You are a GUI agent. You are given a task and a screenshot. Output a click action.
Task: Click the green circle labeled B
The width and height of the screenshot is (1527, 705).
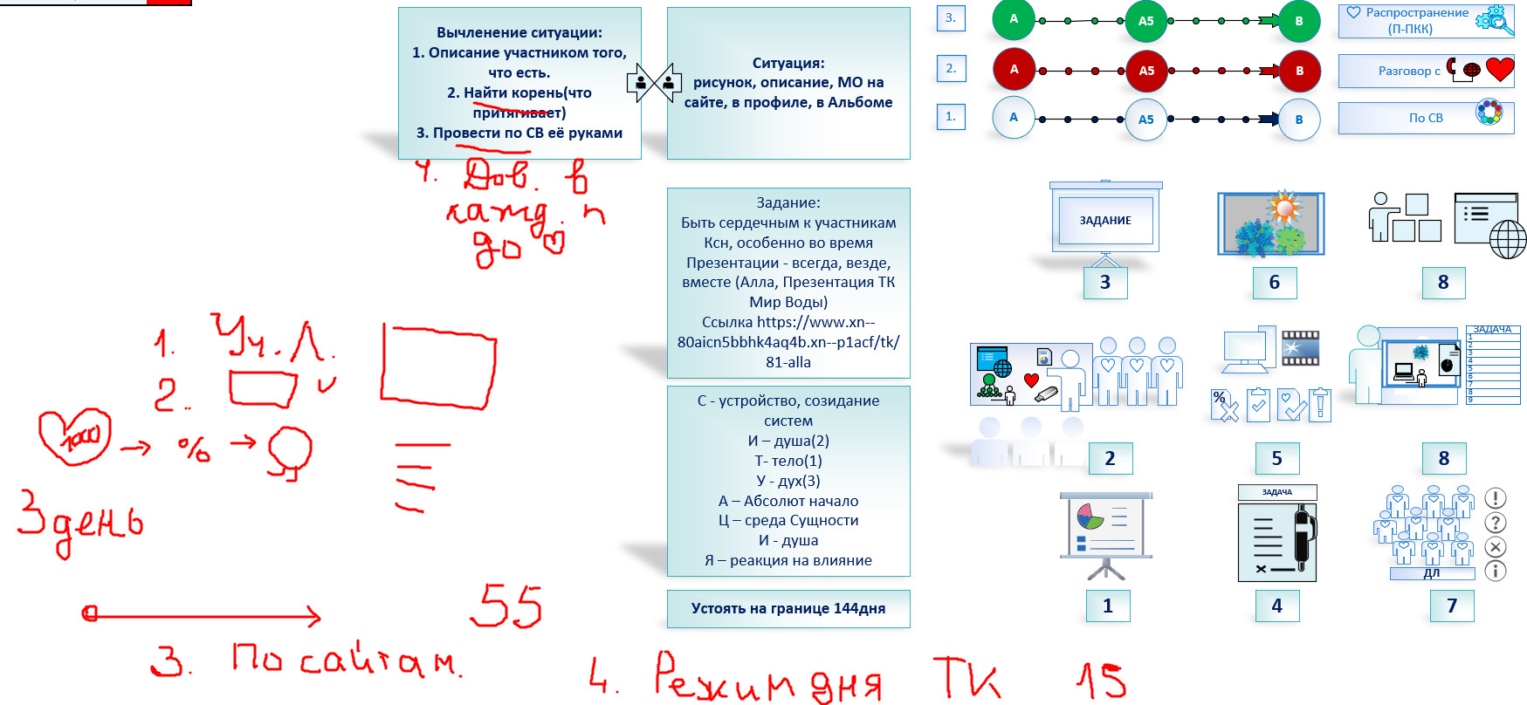[x=1298, y=21]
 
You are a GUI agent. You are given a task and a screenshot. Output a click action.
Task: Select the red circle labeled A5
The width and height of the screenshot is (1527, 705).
[x=1145, y=71]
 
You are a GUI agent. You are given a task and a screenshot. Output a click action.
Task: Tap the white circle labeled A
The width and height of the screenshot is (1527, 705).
[x=1013, y=117]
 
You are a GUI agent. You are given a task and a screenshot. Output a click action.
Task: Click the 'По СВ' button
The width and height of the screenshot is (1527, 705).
[x=1425, y=118]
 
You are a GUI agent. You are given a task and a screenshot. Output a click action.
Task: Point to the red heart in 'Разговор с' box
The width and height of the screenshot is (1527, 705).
[x=1499, y=69]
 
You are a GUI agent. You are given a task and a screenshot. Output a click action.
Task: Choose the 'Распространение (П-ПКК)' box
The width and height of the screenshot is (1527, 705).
[x=1425, y=21]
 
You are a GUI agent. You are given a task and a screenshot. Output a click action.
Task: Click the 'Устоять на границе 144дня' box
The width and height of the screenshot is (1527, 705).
[x=788, y=608]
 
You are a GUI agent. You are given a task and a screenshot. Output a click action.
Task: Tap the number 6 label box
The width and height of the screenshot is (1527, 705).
[x=1274, y=282]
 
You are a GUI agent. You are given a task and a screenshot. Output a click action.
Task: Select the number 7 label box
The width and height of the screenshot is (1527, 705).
[x=1451, y=606]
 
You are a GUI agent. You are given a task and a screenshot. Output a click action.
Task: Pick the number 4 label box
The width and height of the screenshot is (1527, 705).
[x=1276, y=606]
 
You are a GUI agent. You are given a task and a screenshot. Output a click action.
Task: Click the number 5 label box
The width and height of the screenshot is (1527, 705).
[x=1276, y=458]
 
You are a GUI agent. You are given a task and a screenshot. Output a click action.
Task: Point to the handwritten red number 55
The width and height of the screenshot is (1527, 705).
[x=506, y=606]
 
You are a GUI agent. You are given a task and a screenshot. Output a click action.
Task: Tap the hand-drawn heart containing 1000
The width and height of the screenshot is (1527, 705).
[x=74, y=435]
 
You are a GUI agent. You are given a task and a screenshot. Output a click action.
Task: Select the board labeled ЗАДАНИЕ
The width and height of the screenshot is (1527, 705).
[x=1105, y=221]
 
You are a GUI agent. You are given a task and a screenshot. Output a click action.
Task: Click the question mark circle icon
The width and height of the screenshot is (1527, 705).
[x=1495, y=523]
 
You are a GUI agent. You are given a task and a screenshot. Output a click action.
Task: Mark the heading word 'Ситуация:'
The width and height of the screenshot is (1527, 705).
[x=788, y=63]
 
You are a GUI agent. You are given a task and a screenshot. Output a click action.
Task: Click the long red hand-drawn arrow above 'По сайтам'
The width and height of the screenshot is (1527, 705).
[x=201, y=615]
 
